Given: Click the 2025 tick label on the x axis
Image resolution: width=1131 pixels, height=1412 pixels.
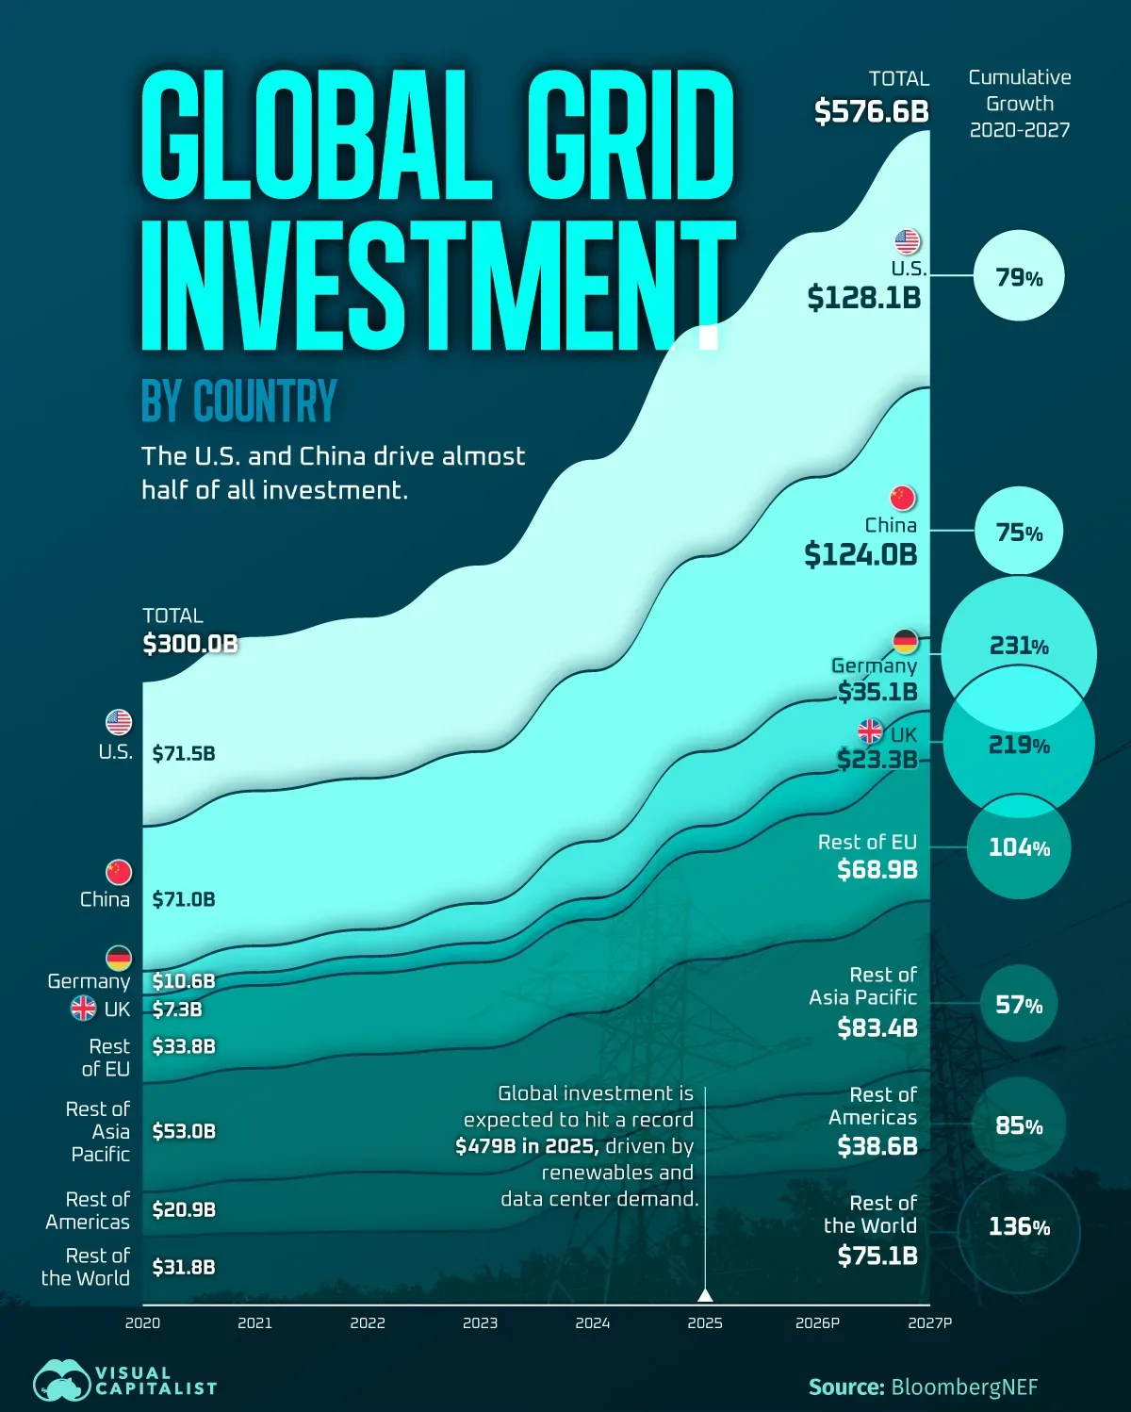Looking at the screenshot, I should (x=705, y=1323).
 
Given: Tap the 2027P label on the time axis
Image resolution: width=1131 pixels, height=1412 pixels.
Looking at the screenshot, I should (x=929, y=1323).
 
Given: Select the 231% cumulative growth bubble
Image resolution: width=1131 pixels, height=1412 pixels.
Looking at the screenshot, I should (x=1019, y=647).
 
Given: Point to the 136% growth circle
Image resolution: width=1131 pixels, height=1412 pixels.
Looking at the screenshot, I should (x=1019, y=1227).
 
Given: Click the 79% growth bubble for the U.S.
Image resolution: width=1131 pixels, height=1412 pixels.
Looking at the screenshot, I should (x=1019, y=278).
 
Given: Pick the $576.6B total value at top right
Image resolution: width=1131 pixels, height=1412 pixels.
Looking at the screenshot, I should (x=872, y=112).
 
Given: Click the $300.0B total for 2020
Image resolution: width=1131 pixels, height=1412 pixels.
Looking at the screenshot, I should (x=190, y=644).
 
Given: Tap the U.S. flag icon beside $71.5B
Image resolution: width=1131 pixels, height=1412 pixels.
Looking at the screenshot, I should (x=119, y=723).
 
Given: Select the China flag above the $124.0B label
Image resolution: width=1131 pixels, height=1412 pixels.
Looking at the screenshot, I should (x=903, y=498).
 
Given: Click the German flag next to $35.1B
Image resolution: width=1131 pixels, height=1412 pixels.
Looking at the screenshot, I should (x=905, y=642).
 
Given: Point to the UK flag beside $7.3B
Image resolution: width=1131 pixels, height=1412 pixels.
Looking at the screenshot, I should (x=84, y=1009).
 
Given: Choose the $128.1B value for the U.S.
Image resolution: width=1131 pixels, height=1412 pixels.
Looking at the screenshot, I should (x=863, y=299).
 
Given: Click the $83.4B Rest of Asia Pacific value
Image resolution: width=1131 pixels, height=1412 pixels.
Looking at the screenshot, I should (x=877, y=1027).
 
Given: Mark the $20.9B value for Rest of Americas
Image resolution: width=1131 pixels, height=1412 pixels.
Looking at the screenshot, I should (x=184, y=1209).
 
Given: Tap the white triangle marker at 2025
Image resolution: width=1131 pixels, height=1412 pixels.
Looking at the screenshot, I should (x=705, y=1295).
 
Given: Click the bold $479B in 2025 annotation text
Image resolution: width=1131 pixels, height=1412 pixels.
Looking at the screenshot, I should (x=526, y=1146).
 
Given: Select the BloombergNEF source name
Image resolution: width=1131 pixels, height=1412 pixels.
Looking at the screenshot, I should (x=964, y=1387).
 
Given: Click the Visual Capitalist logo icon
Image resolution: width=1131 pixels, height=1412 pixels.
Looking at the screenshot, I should (x=62, y=1382).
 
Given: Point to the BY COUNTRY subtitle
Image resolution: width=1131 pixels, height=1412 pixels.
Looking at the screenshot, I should (x=239, y=402).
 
